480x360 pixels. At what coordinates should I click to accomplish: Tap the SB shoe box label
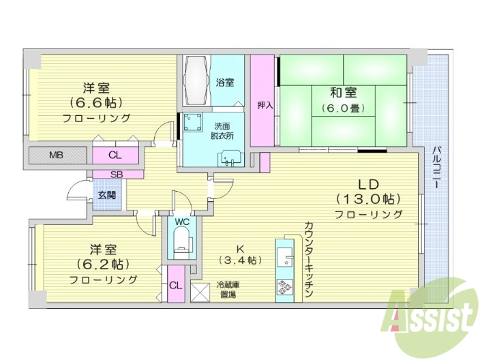(117, 174)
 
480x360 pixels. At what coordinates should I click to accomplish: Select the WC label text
(182, 222)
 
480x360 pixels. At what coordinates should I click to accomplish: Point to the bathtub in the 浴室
(195, 80)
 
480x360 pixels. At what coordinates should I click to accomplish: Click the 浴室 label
(225, 82)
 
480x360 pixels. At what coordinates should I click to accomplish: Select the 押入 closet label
(265, 106)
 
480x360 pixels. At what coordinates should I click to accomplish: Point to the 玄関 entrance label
(106, 195)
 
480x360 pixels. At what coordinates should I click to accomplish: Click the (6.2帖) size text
(102, 265)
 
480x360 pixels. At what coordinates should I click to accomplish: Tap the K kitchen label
(241, 248)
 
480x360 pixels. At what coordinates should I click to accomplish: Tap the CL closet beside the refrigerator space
(175, 285)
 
